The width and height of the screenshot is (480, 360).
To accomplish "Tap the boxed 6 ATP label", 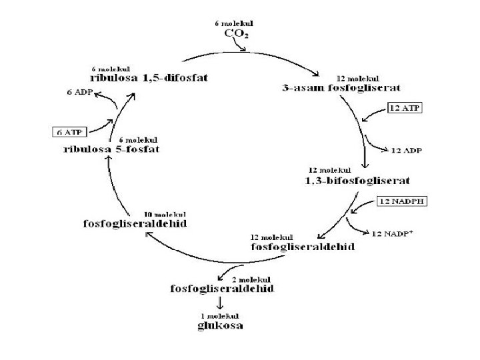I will click(x=69, y=131).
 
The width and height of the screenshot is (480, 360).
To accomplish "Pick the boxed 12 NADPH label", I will click(x=402, y=200).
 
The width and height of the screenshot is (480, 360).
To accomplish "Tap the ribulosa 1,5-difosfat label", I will click(x=149, y=78).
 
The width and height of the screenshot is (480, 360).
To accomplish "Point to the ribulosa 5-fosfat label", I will click(x=111, y=149).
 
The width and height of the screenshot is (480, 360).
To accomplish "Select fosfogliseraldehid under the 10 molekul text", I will click(x=135, y=223).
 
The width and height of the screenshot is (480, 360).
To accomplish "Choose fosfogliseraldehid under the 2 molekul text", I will click(x=221, y=289).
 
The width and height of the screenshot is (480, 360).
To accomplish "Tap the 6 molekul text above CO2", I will click(x=233, y=23).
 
